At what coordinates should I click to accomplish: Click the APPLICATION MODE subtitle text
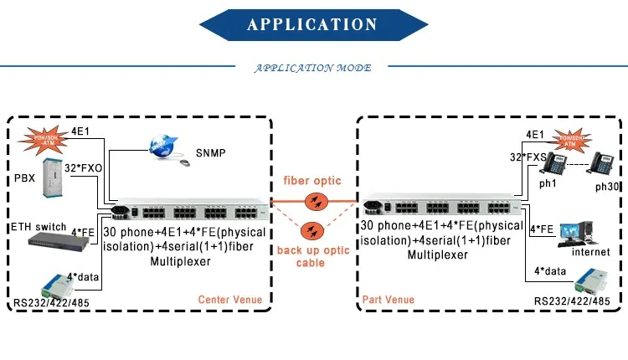pos(313,68)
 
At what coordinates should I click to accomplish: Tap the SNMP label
pos(210,153)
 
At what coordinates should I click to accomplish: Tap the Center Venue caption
pos(229,299)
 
